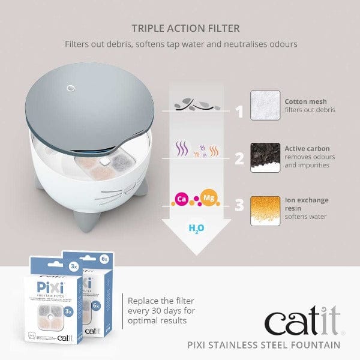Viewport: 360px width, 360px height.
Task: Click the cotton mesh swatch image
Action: coord(265,106)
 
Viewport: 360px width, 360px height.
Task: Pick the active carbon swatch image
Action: coord(265,157)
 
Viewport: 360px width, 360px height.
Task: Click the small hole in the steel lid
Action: coord(70,88)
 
